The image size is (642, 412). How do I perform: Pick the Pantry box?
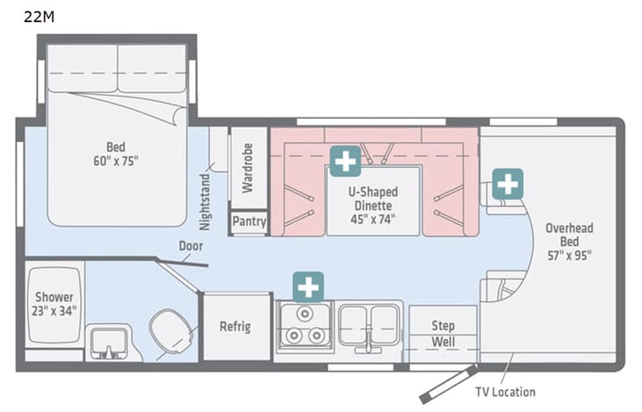coord(249,223)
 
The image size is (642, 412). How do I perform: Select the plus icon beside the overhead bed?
coord(508,184)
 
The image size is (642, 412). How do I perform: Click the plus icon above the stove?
coord(308,287)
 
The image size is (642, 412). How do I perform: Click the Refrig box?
coord(235,327)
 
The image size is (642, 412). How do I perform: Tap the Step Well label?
coord(444,333)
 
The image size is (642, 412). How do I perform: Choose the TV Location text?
coord(504,392)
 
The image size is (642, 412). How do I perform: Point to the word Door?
coord(191,247)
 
